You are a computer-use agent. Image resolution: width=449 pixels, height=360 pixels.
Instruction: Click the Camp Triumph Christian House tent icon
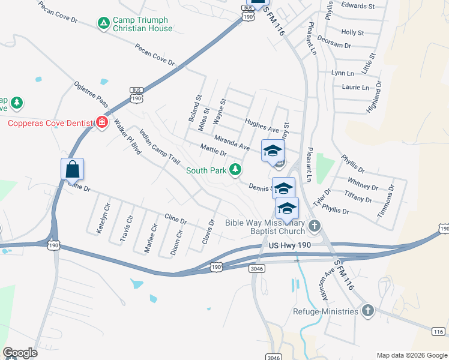(x=104, y=23)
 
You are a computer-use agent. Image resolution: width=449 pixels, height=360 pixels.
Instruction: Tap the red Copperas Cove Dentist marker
(x=101, y=123)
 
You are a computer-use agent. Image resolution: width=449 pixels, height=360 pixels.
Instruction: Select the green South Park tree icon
(x=237, y=170)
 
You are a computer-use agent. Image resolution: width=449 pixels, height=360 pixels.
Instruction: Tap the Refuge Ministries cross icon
(x=367, y=311)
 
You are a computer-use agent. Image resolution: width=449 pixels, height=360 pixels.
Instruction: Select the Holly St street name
(x=352, y=32)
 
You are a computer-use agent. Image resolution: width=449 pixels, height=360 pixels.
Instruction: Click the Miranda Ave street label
(x=232, y=142)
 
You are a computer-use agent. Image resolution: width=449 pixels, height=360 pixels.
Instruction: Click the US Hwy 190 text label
(x=291, y=245)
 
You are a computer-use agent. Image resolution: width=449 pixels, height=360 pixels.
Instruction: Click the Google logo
(x=20, y=353)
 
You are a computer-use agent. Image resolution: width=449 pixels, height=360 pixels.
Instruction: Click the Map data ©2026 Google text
(x=411, y=355)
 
